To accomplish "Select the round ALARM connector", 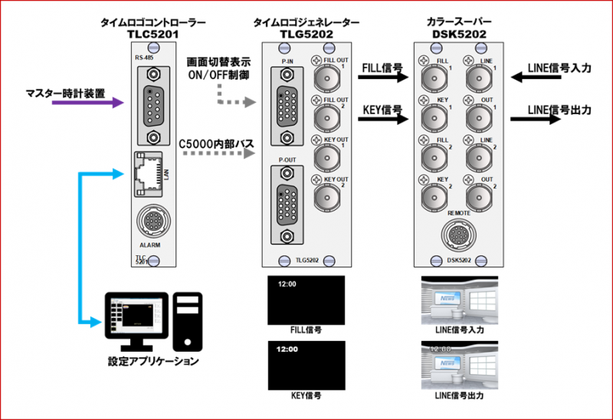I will (152, 222).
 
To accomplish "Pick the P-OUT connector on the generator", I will (287, 195).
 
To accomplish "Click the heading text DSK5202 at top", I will (457, 34).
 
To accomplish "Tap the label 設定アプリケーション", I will (154, 361).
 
